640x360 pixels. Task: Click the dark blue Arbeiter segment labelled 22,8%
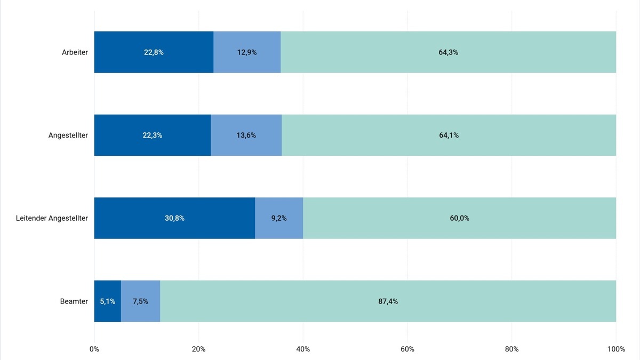(154, 52)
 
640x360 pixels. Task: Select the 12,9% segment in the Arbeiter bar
(247, 52)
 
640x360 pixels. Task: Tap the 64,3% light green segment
(448, 52)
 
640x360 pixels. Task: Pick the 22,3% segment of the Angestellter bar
(153, 135)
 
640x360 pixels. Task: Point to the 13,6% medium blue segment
(246, 135)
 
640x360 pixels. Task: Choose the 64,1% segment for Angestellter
(449, 135)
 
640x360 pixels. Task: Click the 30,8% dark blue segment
(174, 218)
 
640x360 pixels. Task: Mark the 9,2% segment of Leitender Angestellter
(279, 218)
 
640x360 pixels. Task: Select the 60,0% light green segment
(459, 218)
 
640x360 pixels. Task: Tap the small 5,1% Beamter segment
(107, 301)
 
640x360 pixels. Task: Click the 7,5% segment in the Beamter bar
(140, 301)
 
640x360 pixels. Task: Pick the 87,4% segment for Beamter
(388, 301)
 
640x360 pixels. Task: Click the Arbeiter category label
(75, 52)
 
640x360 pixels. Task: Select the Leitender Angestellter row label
(52, 218)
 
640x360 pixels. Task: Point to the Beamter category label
(74, 301)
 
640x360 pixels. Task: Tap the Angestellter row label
(68, 135)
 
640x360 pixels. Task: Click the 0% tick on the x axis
(94, 349)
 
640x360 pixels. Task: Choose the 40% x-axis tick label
(303, 349)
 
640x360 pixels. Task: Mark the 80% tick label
(511, 349)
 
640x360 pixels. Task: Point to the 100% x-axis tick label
(616, 349)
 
